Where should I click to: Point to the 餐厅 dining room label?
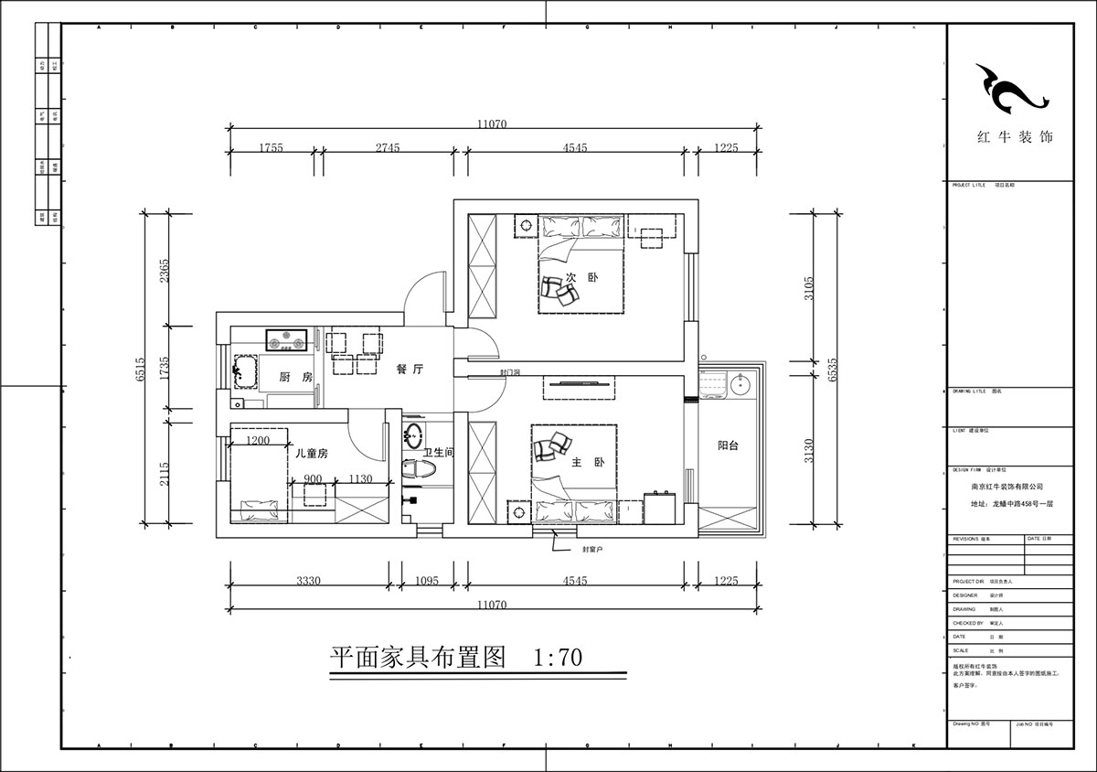pyautogui.click(x=409, y=370)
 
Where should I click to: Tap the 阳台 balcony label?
pyautogui.click(x=729, y=445)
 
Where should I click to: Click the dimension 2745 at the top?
pyautogui.click(x=388, y=147)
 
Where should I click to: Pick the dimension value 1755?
pyautogui.click(x=270, y=147)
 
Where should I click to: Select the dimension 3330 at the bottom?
pyautogui.click(x=307, y=581)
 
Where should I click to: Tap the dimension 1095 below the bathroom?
pyautogui.click(x=427, y=581)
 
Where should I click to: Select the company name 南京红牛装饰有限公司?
pyautogui.click(x=1006, y=488)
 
